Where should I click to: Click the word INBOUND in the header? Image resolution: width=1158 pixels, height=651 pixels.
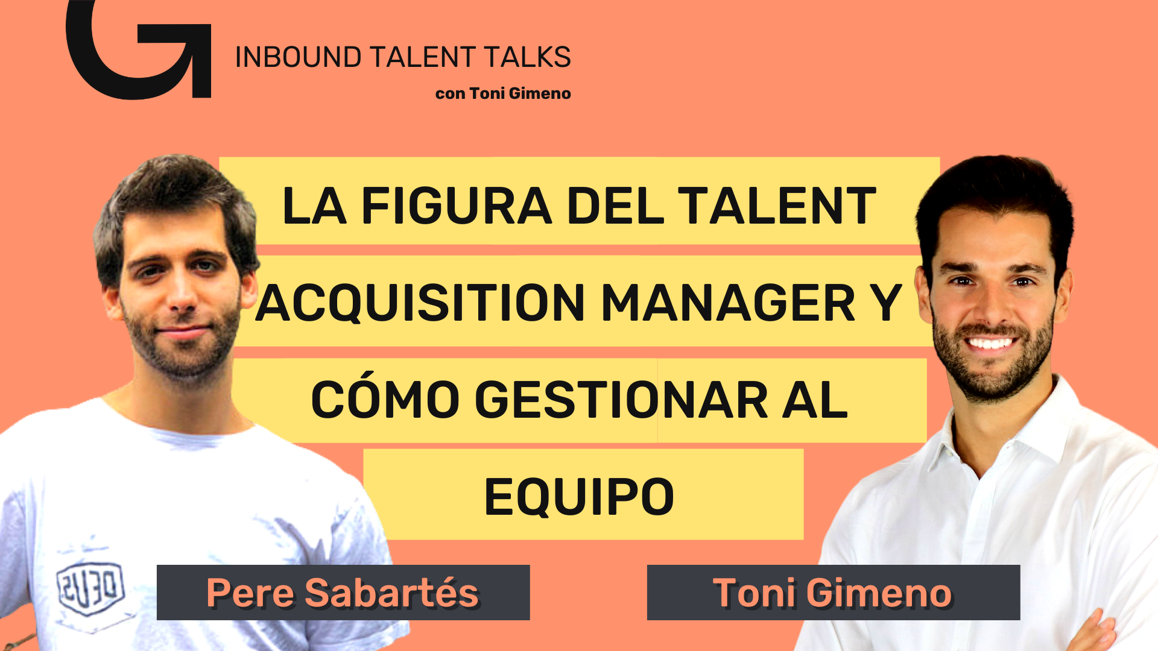pos(298,57)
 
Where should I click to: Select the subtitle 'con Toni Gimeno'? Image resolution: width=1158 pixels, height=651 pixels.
pos(503,93)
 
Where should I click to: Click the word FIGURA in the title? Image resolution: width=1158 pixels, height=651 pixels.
pos(457,206)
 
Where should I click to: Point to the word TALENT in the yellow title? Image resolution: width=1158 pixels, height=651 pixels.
pos(777,206)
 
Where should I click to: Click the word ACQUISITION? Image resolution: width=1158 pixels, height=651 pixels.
pos(420,303)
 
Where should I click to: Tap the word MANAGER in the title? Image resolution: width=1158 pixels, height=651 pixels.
pos(728,303)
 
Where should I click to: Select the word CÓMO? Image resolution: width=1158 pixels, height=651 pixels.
pos(385,398)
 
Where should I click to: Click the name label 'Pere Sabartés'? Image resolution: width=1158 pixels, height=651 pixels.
pos(343,593)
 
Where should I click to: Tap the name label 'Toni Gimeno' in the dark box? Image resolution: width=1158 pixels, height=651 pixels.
pos(833,593)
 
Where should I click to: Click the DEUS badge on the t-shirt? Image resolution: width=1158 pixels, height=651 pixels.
pos(90,588)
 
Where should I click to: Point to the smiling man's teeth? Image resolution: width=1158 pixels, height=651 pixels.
pos(989,344)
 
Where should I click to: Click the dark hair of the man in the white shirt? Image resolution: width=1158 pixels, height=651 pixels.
pos(995,193)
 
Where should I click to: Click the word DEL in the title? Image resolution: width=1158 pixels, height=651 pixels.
pos(615,206)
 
